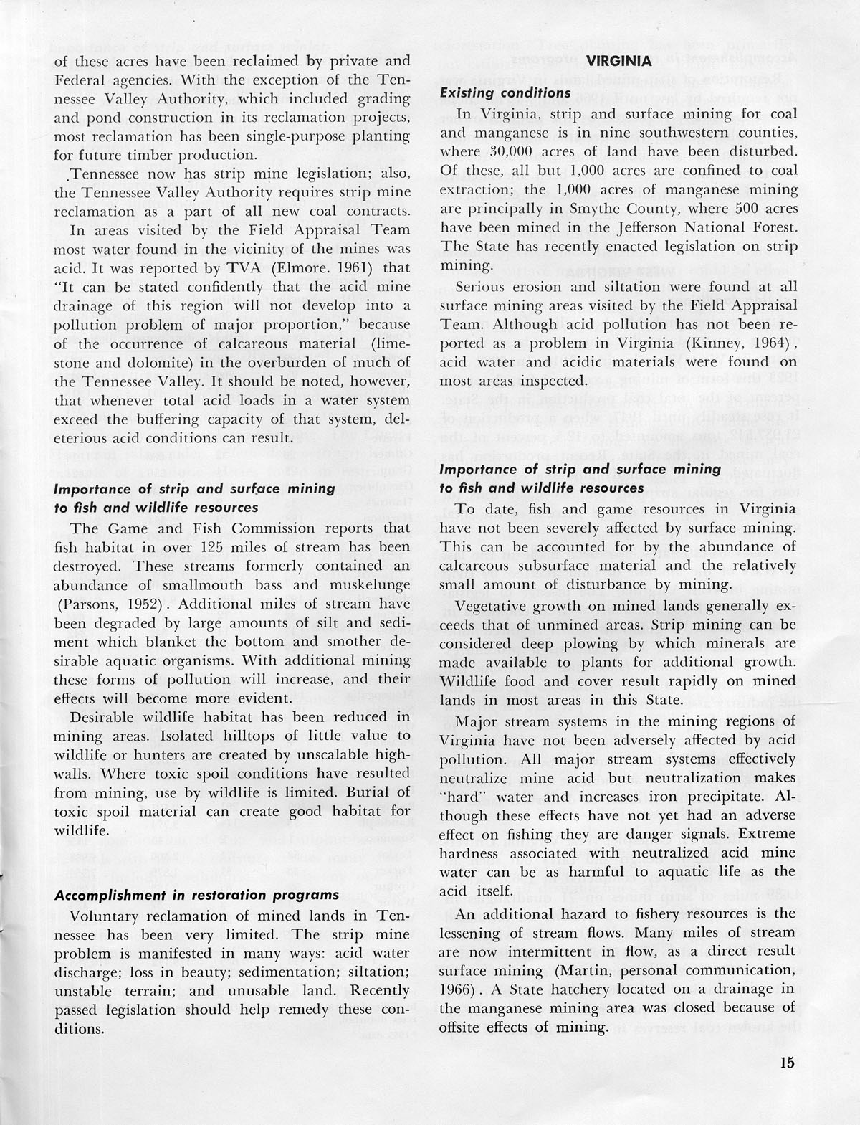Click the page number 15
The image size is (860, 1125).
pos(787,1063)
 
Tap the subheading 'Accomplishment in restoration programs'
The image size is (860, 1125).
pos(197,896)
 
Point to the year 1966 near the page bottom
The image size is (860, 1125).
pos(456,989)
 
